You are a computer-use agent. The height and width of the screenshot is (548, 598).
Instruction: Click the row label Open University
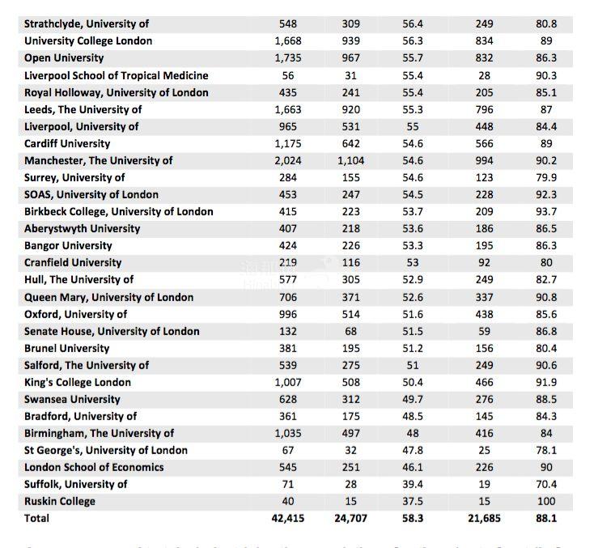(64, 58)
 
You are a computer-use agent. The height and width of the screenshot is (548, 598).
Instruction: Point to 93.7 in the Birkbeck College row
(546, 211)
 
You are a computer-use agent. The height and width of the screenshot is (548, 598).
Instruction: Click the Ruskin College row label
(59, 501)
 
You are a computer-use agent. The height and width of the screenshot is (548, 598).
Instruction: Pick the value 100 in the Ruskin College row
(546, 501)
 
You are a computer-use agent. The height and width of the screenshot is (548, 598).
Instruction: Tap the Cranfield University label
(73, 262)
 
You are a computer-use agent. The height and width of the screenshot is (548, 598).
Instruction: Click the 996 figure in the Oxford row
(287, 314)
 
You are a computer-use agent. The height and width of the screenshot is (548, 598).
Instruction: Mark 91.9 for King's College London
(546, 382)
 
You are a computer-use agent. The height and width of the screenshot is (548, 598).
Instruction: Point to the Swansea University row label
(72, 399)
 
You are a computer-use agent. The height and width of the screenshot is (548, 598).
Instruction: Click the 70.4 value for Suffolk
(546, 484)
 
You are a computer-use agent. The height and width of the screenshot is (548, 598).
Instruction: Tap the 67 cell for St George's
(287, 450)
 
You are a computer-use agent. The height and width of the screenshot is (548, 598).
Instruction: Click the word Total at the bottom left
(36, 518)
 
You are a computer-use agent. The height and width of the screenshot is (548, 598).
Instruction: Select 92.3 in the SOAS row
(546, 194)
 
